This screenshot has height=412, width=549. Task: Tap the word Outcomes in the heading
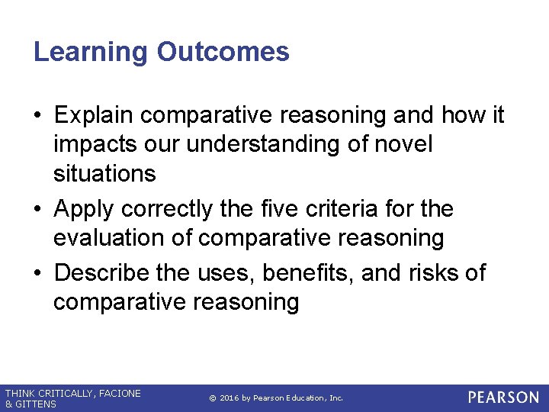[x=223, y=52]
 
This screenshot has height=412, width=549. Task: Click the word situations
[x=104, y=173]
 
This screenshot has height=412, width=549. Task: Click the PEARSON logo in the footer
[x=502, y=398]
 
